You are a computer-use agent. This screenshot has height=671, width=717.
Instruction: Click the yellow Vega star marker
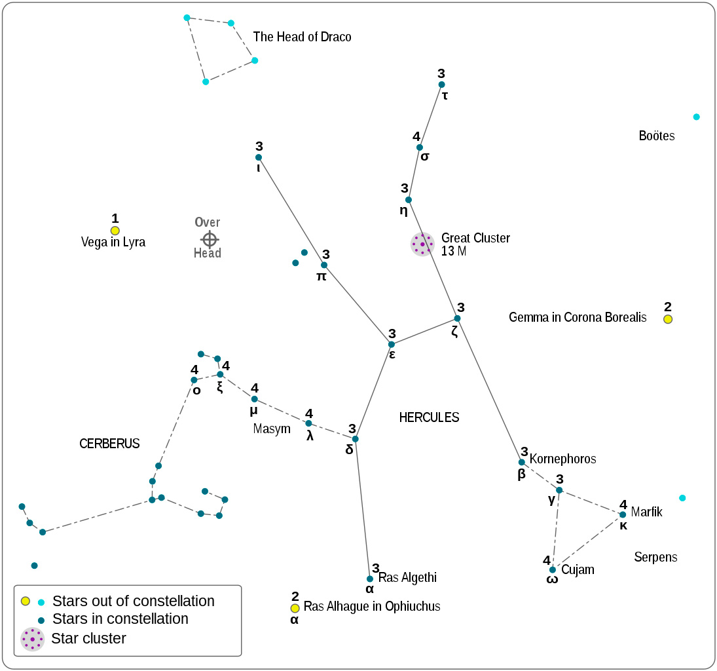click(x=115, y=231)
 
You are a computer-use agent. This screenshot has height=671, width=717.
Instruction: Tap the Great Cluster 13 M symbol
click(x=422, y=244)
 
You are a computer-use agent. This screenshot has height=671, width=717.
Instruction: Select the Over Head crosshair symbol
click(x=209, y=239)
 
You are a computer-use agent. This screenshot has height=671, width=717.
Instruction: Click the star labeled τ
click(x=441, y=85)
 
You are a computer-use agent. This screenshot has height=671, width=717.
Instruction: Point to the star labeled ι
click(x=259, y=157)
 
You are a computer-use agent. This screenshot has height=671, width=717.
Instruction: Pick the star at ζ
click(x=457, y=318)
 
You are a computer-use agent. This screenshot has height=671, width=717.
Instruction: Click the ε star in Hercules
click(x=392, y=344)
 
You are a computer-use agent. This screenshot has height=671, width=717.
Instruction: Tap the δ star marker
click(x=356, y=438)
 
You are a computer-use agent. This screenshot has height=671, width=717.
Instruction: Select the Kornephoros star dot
click(x=522, y=462)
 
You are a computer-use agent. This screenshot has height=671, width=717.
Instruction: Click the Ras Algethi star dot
click(x=370, y=579)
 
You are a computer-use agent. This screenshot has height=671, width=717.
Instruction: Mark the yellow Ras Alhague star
click(x=295, y=608)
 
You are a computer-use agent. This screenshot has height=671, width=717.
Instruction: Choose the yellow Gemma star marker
click(x=668, y=319)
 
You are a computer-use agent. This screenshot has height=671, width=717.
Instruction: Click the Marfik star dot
click(x=623, y=514)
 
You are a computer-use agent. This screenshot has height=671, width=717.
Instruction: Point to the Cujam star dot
click(x=553, y=569)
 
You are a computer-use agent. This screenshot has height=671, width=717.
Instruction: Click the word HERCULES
click(x=429, y=417)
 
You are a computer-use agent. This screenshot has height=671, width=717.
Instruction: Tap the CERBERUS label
click(x=109, y=444)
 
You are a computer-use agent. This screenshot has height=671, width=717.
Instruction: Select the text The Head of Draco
click(x=302, y=37)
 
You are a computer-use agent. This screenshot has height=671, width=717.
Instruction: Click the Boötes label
click(x=656, y=136)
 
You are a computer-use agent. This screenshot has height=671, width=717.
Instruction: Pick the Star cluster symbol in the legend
click(x=32, y=639)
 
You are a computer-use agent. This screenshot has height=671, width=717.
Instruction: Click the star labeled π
click(x=323, y=265)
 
